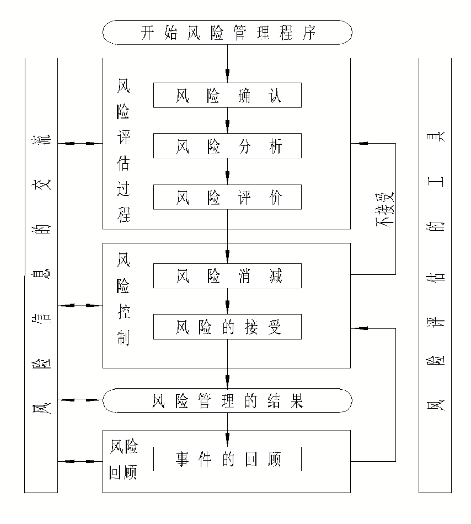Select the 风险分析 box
coord(227,147)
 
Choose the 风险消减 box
coord(227,277)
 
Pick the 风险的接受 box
coord(227,327)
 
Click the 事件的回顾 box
coord(227,458)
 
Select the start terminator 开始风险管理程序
coord(227,34)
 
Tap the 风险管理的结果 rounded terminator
coord(227,400)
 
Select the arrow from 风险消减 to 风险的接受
coord(227,303)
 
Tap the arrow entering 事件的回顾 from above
coord(227,434)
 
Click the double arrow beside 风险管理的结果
coord(80,399)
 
